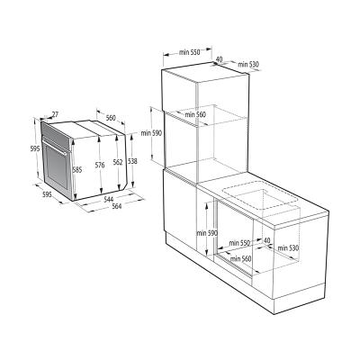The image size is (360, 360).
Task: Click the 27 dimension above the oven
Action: point(55,115)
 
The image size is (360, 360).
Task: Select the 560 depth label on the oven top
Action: point(112,118)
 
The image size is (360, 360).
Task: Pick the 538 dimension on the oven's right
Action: point(132,161)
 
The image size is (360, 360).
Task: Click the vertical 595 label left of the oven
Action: point(33,148)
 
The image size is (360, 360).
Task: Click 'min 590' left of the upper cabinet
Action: point(156,133)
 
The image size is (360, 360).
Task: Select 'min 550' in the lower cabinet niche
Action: point(239,242)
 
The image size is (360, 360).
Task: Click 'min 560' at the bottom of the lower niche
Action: point(240,259)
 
